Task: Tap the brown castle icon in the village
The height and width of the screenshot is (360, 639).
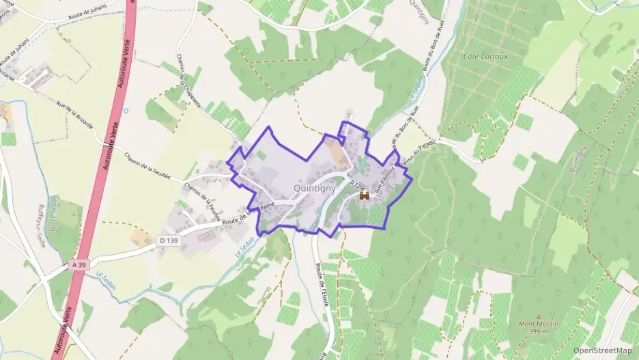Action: [x=364, y=195]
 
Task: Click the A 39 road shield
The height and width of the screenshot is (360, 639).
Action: [x=79, y=264]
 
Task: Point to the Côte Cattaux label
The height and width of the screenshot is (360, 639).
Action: [x=485, y=56]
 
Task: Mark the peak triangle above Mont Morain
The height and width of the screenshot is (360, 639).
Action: [x=537, y=316]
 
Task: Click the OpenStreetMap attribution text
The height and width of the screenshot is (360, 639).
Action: [x=602, y=350]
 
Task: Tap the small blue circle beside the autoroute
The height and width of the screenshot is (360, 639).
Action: [x=125, y=110]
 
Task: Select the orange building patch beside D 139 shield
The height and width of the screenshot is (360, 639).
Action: [x=142, y=237]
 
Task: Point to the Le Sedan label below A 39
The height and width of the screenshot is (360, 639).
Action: [x=106, y=281]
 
